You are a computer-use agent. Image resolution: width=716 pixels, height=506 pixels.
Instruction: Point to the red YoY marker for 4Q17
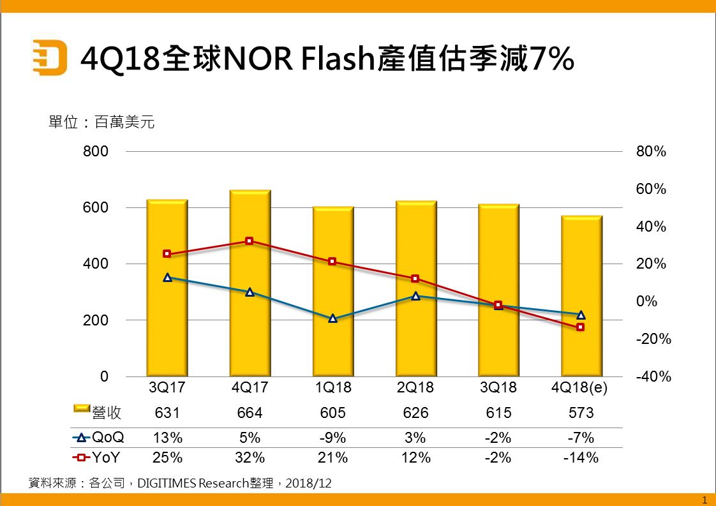(250, 241)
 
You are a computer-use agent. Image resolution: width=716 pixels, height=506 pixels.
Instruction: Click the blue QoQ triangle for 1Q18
(332, 318)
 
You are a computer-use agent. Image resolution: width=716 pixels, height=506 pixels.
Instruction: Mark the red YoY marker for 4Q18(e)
(581, 327)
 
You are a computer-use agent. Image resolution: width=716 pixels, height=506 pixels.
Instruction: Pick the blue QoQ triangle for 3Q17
(167, 278)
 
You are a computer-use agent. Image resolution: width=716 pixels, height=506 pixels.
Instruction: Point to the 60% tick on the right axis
(651, 190)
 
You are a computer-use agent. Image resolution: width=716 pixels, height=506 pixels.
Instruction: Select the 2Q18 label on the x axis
(415, 388)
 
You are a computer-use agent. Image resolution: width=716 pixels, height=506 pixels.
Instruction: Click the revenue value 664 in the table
(250, 413)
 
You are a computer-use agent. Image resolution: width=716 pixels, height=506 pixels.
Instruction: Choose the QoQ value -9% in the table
(332, 438)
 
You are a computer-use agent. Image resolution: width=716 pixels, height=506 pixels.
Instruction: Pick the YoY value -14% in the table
(581, 458)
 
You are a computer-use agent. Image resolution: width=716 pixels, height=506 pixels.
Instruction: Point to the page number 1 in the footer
(704, 499)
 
